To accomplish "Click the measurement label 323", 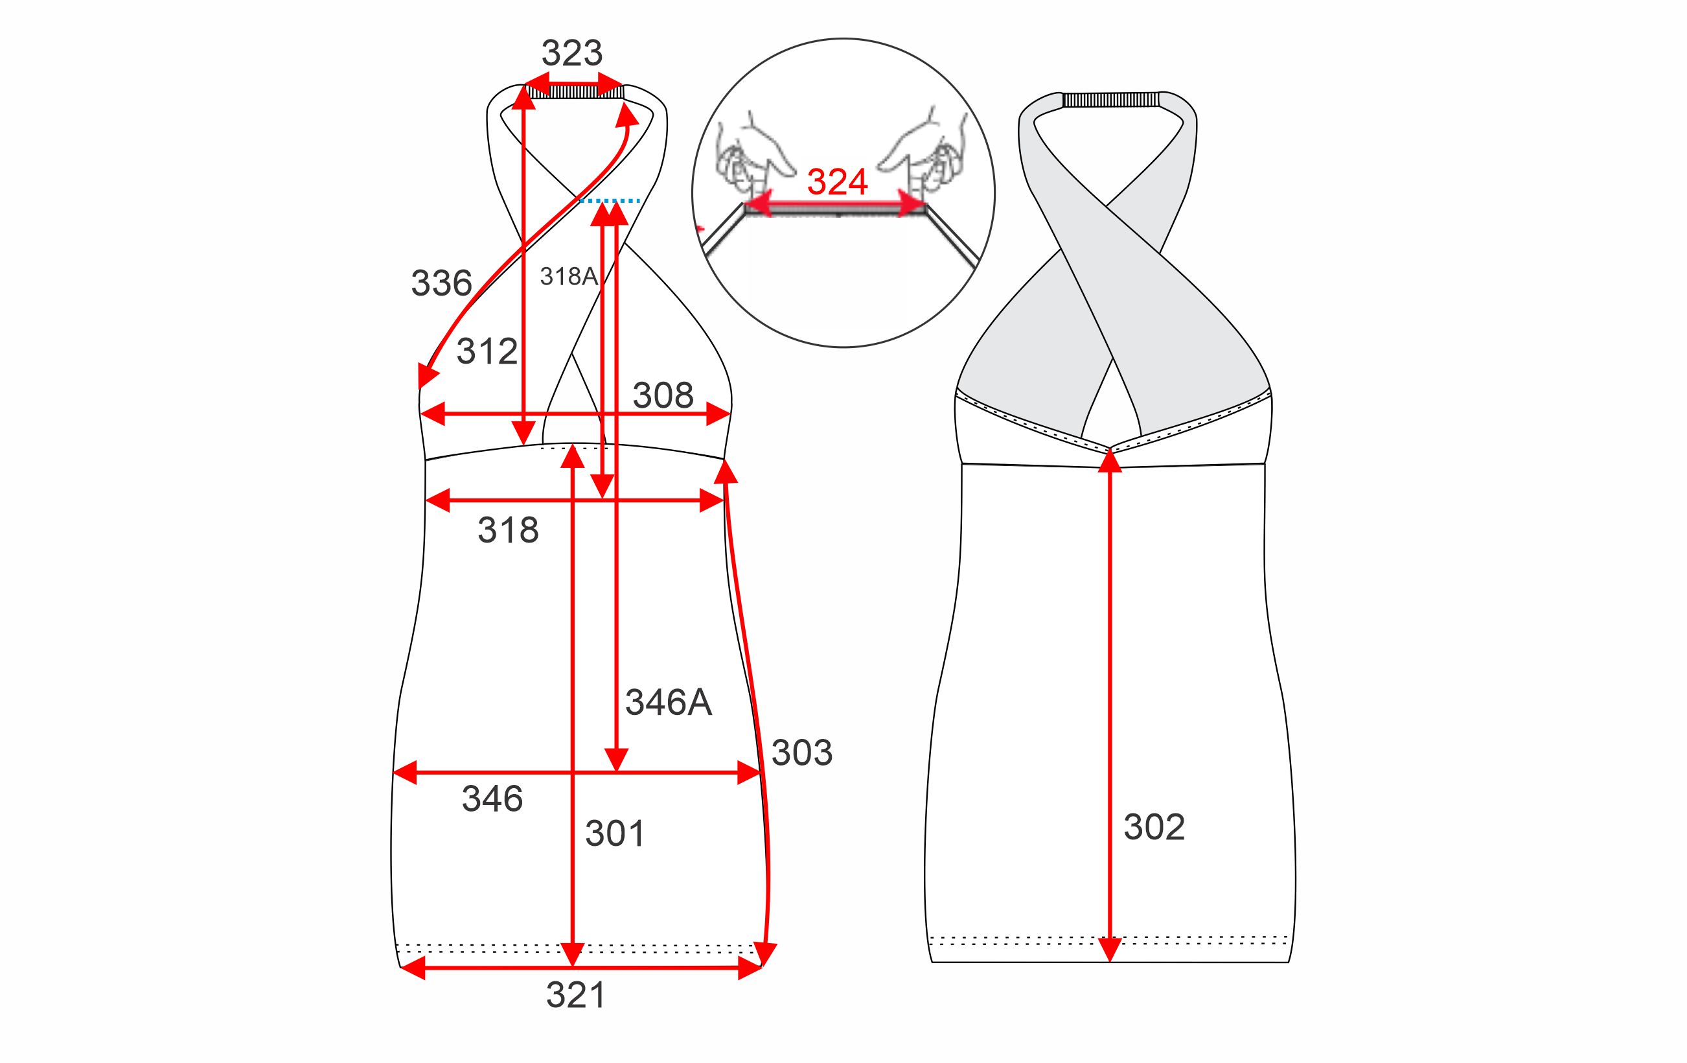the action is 571,53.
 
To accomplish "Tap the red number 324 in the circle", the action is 837,182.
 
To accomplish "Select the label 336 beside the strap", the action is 441,283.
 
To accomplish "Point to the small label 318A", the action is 569,277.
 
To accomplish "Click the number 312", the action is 487,351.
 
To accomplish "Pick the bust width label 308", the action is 663,395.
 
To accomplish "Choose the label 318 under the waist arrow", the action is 508,530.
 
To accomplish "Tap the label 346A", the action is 669,702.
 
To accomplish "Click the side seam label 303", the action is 801,753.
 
